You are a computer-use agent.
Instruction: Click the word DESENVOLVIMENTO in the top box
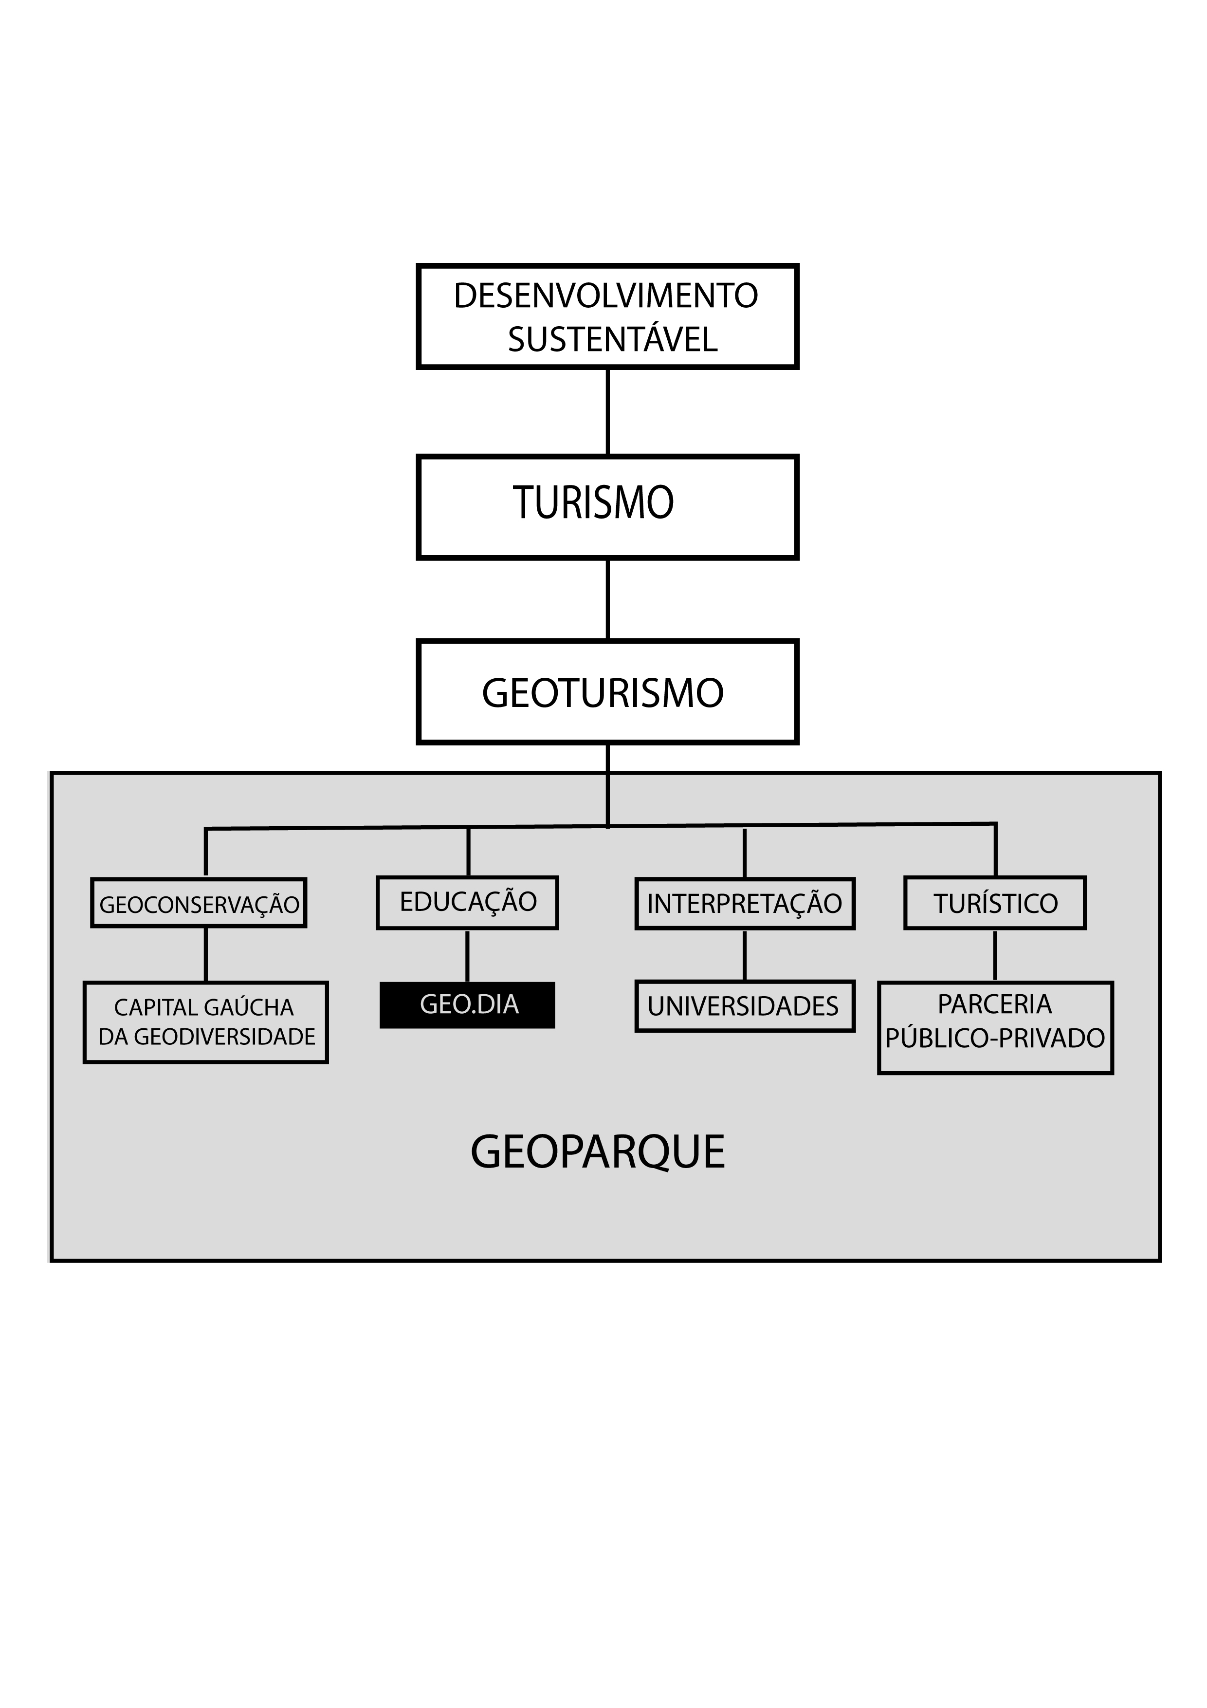(x=605, y=296)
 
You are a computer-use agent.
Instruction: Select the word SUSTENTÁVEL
(x=612, y=340)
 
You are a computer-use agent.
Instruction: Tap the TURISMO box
(x=607, y=506)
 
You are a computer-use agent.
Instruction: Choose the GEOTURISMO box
(x=607, y=692)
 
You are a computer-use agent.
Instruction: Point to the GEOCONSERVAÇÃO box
(x=199, y=904)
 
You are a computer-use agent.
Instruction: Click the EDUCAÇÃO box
(x=468, y=902)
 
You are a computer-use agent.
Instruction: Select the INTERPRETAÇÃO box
(x=745, y=904)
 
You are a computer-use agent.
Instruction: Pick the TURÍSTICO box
(x=995, y=904)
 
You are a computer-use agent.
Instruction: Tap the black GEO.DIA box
(x=468, y=1005)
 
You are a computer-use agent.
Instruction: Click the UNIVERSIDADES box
(x=745, y=1006)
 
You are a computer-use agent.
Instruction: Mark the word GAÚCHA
(x=248, y=1008)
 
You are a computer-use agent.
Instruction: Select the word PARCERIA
(x=995, y=1005)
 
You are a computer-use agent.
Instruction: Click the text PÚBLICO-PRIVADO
(x=995, y=1039)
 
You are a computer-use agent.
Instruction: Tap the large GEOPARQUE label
(x=598, y=1152)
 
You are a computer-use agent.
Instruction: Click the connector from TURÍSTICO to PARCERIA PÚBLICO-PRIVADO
(x=995, y=956)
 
